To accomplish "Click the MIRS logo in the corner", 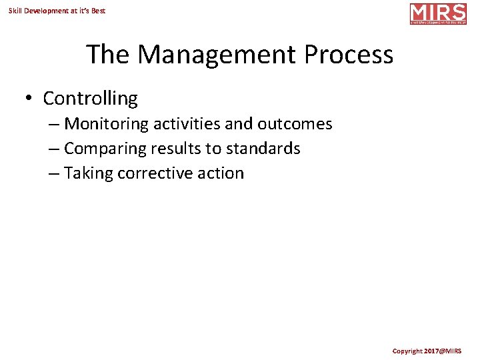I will click(x=438, y=14).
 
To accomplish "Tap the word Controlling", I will click(x=90, y=99).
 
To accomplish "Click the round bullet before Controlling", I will click(x=29, y=99).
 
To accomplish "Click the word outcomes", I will click(x=295, y=124).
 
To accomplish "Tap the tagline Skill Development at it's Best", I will click(x=57, y=11).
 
